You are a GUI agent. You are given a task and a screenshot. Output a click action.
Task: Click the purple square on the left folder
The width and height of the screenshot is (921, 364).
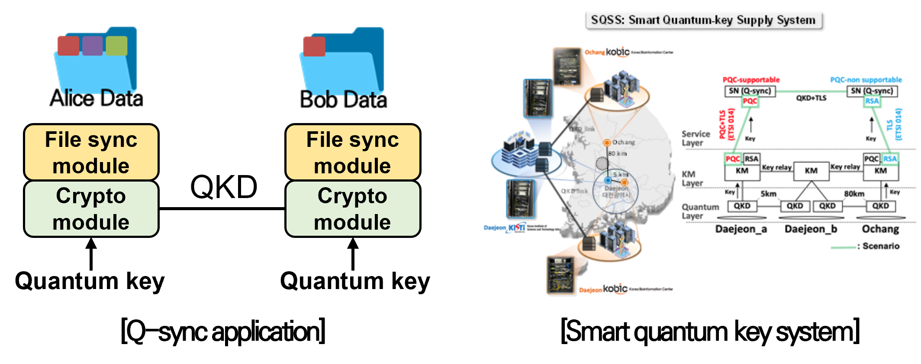coord(92,46)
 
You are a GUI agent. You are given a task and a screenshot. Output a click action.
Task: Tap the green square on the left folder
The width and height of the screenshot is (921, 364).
coord(116,46)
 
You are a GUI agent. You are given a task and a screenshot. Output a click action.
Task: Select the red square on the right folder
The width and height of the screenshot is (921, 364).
coord(314,46)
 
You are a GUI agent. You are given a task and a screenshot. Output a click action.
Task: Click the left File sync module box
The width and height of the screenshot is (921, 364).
coord(91,153)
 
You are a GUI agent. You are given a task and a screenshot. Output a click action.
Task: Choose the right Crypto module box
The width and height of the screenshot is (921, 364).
coord(353,208)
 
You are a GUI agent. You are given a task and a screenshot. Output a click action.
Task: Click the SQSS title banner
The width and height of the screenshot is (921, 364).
coord(703,20)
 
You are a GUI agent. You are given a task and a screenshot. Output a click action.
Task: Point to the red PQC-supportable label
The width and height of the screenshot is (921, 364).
coord(751,80)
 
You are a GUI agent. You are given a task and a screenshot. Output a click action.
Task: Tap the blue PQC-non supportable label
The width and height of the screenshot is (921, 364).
coord(866,80)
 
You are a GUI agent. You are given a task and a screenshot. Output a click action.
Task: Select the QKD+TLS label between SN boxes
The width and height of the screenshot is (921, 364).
coord(811,98)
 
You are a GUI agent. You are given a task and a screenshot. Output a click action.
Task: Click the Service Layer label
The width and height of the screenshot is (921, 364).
coord(696,138)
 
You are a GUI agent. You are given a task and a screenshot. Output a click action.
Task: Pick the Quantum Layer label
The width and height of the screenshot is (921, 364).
coord(700,211)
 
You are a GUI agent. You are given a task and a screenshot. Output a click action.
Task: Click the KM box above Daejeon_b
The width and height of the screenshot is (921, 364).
coord(811,171)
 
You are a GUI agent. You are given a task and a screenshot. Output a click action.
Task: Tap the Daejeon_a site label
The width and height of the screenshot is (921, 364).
coord(741,229)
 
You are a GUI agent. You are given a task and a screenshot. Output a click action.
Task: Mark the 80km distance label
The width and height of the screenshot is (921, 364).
coord(854,194)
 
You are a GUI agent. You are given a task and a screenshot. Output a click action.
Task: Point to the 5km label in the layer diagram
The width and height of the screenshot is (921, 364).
coord(768,194)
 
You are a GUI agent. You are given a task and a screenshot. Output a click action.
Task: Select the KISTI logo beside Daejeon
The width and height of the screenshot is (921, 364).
coord(516,227)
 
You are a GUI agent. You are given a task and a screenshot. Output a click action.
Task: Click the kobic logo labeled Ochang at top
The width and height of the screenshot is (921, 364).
coord(618,52)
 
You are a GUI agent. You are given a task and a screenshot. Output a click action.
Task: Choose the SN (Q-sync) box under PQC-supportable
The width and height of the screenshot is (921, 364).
coord(750,91)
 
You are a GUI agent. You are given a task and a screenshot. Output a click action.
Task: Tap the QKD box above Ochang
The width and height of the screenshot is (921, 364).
coord(880,206)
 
